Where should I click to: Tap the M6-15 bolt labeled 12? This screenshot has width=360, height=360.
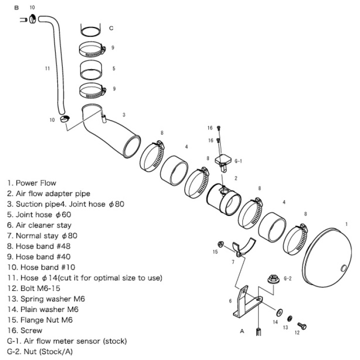[x=301, y=326]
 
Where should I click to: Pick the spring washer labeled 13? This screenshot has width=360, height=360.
[x=289, y=318]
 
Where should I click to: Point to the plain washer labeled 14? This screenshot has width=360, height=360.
[x=277, y=311]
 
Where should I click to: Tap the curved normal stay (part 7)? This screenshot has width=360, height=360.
[x=243, y=247]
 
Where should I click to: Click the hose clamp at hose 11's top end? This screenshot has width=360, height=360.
[x=32, y=20]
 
